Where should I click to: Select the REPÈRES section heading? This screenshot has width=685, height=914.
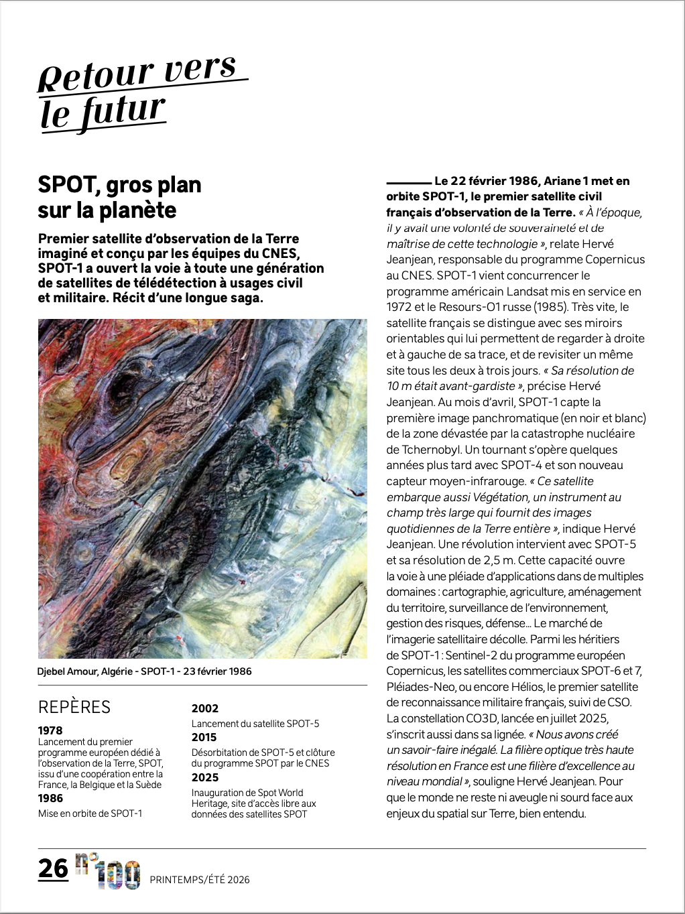[x=74, y=707]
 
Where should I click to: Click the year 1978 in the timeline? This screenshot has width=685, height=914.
[x=50, y=730]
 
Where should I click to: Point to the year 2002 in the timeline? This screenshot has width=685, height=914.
[x=205, y=708]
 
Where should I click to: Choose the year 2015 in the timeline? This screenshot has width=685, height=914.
[x=204, y=737]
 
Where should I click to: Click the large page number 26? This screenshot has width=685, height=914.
[x=54, y=868]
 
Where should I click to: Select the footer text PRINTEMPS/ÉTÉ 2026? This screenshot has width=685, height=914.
[x=200, y=880]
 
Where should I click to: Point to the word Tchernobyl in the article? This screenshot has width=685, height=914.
[x=432, y=450]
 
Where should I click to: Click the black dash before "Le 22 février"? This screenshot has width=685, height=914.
[x=409, y=182]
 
